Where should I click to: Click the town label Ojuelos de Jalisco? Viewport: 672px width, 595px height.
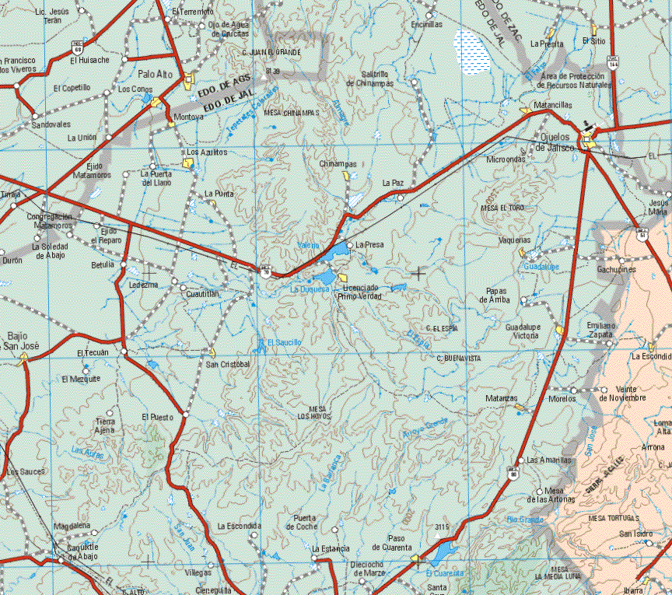tap(555, 142)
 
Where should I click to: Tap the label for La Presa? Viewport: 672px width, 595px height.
tap(369, 244)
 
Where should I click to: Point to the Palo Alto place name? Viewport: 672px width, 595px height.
tap(155, 75)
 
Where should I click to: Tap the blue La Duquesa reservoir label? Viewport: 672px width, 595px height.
tap(310, 289)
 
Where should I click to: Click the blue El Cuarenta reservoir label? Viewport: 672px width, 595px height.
tap(446, 573)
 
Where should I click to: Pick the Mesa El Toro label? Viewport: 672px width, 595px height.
tap(502, 208)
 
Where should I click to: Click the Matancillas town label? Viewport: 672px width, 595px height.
tap(554, 104)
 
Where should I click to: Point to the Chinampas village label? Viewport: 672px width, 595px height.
tap(338, 164)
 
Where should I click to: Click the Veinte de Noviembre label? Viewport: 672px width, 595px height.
tap(622, 394)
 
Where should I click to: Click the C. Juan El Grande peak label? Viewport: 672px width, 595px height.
tap(271, 52)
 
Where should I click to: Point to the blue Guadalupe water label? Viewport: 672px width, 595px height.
tap(541, 266)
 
